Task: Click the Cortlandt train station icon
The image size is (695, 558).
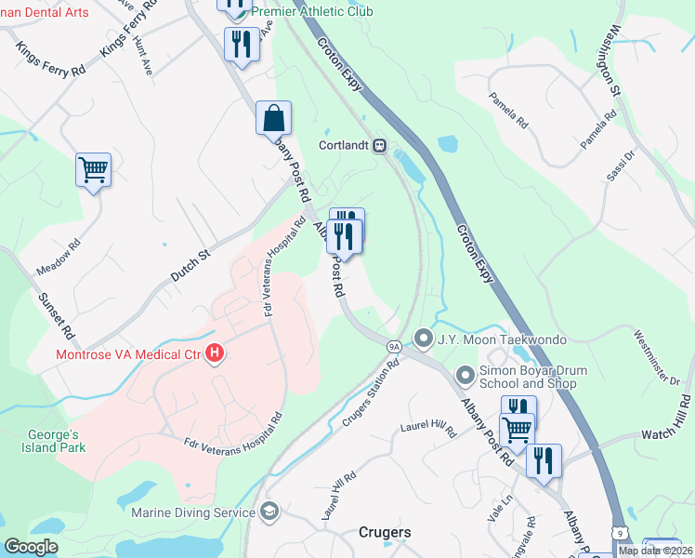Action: pos(379,146)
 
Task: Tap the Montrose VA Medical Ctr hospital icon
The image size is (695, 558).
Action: pos(215,354)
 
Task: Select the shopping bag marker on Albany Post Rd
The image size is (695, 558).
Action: pos(273,118)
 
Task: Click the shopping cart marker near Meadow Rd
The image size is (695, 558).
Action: pos(93,170)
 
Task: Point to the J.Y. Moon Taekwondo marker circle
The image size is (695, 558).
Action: pos(424,339)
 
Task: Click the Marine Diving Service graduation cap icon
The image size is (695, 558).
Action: pos(269,511)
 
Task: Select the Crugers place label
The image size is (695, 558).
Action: pos(385,533)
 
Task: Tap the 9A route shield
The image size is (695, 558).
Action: pos(394,346)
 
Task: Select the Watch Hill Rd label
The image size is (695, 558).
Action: pos(667,421)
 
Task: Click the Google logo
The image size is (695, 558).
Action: pos(31,547)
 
